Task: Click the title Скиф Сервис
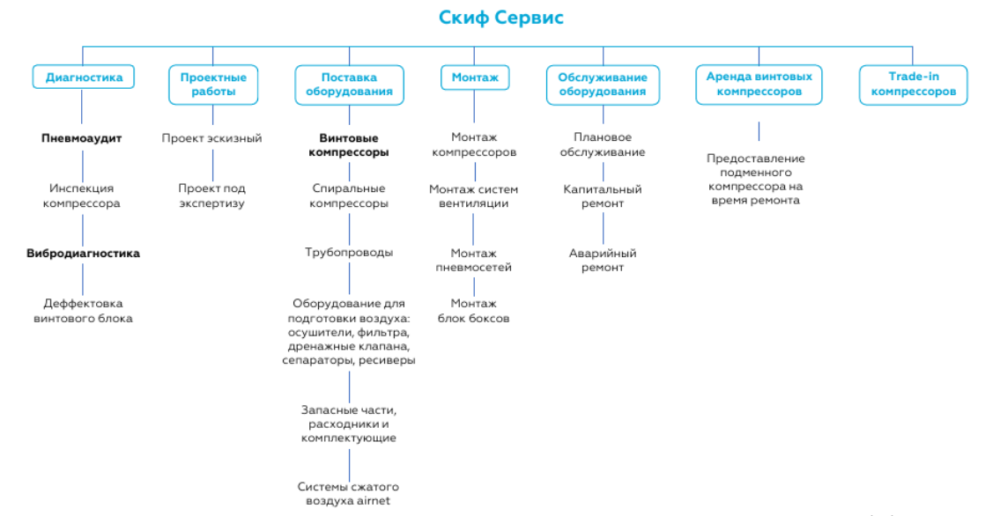pyautogui.click(x=500, y=18)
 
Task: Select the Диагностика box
pyautogui.click(x=84, y=77)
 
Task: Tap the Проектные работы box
pyautogui.click(x=213, y=85)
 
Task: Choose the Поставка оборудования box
pyautogui.click(x=349, y=85)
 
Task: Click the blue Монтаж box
pyautogui.click(x=475, y=77)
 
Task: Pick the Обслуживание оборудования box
pyautogui.click(x=603, y=85)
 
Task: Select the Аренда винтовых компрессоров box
pyautogui.click(x=759, y=85)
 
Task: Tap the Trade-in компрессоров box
pyautogui.click(x=913, y=85)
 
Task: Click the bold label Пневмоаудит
pyautogui.click(x=82, y=138)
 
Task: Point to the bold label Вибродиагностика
pyautogui.click(x=83, y=254)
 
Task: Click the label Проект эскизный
pyautogui.click(x=211, y=138)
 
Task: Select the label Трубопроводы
pyautogui.click(x=349, y=253)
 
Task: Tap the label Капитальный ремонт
pyautogui.click(x=603, y=196)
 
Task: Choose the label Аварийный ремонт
pyautogui.click(x=603, y=261)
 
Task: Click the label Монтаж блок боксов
pyautogui.click(x=474, y=311)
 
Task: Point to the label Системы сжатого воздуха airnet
pyautogui.click(x=348, y=494)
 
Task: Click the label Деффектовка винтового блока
pyautogui.click(x=83, y=311)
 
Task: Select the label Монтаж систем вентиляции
pyautogui.click(x=474, y=196)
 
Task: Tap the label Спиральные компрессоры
pyautogui.click(x=349, y=195)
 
